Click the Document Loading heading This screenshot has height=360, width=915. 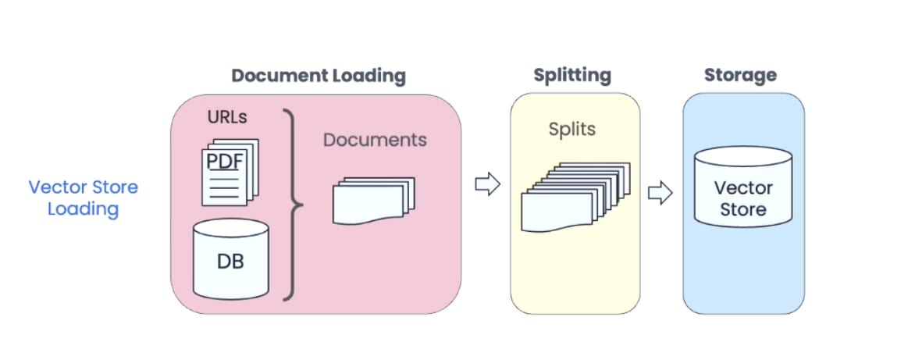[x=319, y=76]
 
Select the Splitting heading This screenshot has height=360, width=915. [x=572, y=76]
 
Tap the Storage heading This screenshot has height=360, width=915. [x=740, y=76]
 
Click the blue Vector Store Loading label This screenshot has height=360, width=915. [x=83, y=198]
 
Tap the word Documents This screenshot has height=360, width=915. [x=375, y=140]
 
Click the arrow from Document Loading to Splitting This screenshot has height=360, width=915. [x=487, y=185]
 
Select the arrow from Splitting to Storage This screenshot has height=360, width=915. [x=660, y=192]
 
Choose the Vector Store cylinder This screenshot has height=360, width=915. [x=742, y=196]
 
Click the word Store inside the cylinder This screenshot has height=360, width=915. [x=742, y=209]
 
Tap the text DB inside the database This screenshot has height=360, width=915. [x=230, y=262]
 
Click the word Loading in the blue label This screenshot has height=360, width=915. [x=83, y=209]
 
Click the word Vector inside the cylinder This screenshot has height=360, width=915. [x=743, y=188]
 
